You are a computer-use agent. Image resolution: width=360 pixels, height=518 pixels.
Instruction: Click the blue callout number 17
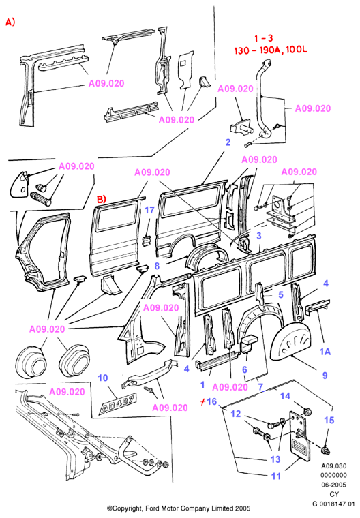[x=149, y=210]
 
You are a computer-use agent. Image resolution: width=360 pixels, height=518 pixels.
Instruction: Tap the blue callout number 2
[x=228, y=142]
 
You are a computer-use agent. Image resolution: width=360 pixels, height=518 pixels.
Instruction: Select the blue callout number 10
[x=103, y=378]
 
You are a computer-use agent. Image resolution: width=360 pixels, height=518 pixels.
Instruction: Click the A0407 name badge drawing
[x=117, y=404]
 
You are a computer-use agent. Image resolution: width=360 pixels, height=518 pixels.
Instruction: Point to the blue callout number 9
[x=325, y=376]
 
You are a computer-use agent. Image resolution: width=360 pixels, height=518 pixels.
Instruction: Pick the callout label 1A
[x=325, y=352]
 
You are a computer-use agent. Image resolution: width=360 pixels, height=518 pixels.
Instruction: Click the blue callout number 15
[x=329, y=421]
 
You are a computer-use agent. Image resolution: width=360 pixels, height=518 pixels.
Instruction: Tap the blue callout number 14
[x=285, y=396]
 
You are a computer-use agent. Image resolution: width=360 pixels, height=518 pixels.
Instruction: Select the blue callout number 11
[x=276, y=476]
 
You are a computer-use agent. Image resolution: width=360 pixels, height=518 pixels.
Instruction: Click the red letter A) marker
[x=10, y=22]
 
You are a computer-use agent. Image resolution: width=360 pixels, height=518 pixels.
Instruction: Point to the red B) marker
[x=101, y=199]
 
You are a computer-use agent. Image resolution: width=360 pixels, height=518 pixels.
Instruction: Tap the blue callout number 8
[x=157, y=266]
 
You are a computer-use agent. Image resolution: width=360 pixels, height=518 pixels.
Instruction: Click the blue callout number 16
[x=211, y=401]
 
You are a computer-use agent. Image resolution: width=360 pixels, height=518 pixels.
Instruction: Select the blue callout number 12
[x=236, y=414]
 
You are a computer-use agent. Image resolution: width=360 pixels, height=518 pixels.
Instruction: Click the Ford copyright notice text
[x=179, y=508]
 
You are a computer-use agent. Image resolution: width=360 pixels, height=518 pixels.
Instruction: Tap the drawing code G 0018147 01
[x=333, y=504]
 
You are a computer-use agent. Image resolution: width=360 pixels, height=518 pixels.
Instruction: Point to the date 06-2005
[x=334, y=485]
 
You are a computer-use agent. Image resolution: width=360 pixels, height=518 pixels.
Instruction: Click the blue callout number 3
[x=259, y=236]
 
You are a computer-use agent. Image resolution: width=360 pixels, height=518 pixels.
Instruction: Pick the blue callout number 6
[x=245, y=369]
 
